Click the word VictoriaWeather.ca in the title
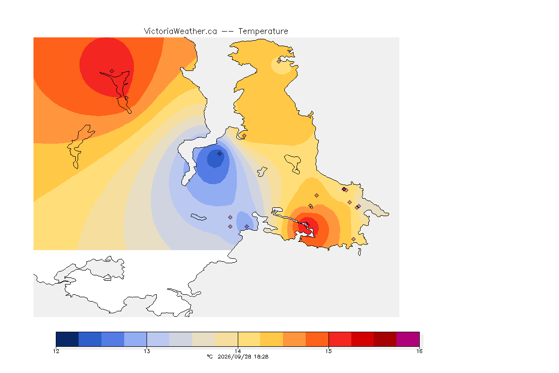181,32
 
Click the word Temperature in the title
263,32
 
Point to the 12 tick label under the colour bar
56,351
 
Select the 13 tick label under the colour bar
147,351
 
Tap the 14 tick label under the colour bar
238,351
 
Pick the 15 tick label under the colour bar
329,351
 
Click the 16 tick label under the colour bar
419,351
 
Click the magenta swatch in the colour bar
408,339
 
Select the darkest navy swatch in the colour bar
67,339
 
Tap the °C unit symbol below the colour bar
210,356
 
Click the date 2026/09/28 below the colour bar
233,356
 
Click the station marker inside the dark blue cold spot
220,154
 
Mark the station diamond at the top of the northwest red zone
112,71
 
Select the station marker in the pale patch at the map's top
279,61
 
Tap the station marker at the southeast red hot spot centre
306,224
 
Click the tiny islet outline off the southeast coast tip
360,252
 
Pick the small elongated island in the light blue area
198,217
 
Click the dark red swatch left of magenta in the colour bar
385,339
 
